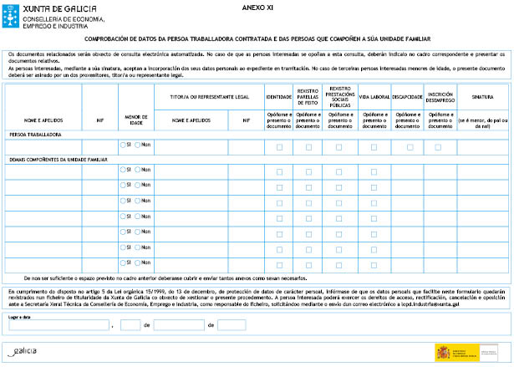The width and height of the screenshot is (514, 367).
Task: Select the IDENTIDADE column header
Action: coord(279,97)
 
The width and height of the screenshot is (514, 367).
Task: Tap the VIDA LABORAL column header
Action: coord(374,97)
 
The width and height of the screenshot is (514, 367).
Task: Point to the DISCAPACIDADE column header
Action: coord(407,97)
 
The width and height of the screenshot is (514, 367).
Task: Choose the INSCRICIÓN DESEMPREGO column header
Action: coord(440,97)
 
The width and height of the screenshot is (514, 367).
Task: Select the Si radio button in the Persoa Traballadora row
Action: coord(123,145)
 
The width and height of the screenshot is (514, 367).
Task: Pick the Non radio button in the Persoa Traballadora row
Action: coord(139,145)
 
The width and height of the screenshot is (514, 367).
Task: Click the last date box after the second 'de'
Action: coord(231,324)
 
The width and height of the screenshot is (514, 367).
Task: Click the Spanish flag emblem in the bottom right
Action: coord(441,352)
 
